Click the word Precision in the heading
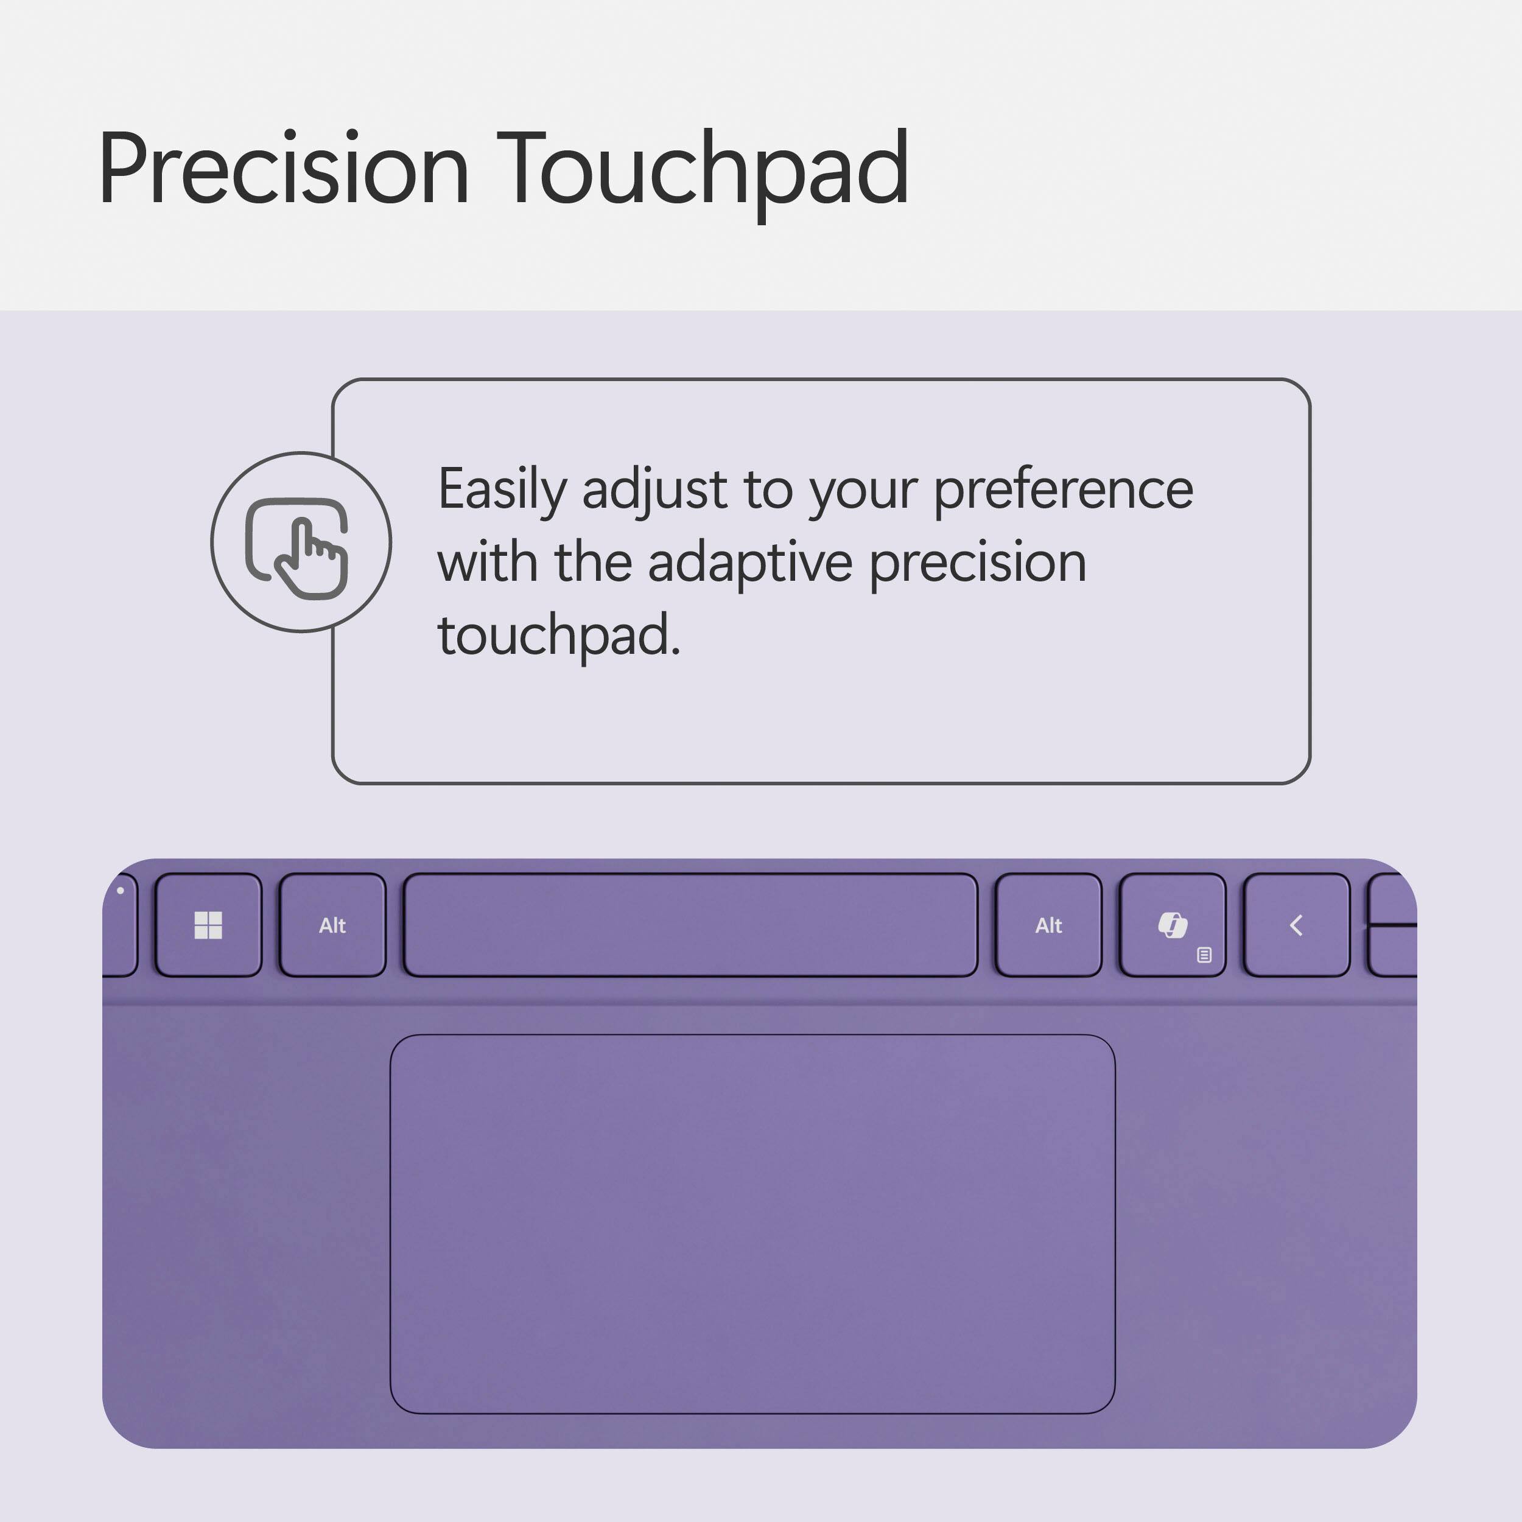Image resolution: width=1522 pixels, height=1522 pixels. click(x=284, y=169)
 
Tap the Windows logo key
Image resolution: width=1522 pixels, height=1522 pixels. click(x=208, y=925)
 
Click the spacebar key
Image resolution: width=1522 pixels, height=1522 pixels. click(x=690, y=925)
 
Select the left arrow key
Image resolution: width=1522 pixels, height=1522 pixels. click(x=1296, y=925)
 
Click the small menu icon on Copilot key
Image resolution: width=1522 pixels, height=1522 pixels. click(x=1204, y=955)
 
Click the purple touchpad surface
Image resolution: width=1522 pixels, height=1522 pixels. click(x=752, y=1225)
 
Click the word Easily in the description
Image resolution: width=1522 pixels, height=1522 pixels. click(x=502, y=490)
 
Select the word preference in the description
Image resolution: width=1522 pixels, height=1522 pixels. click(x=1063, y=490)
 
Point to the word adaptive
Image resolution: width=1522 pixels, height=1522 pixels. click(x=749, y=563)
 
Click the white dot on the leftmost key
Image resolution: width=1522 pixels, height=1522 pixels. click(x=120, y=891)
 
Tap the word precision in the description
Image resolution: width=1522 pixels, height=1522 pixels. click(x=978, y=563)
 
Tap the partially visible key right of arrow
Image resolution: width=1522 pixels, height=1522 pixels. click(x=1393, y=925)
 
